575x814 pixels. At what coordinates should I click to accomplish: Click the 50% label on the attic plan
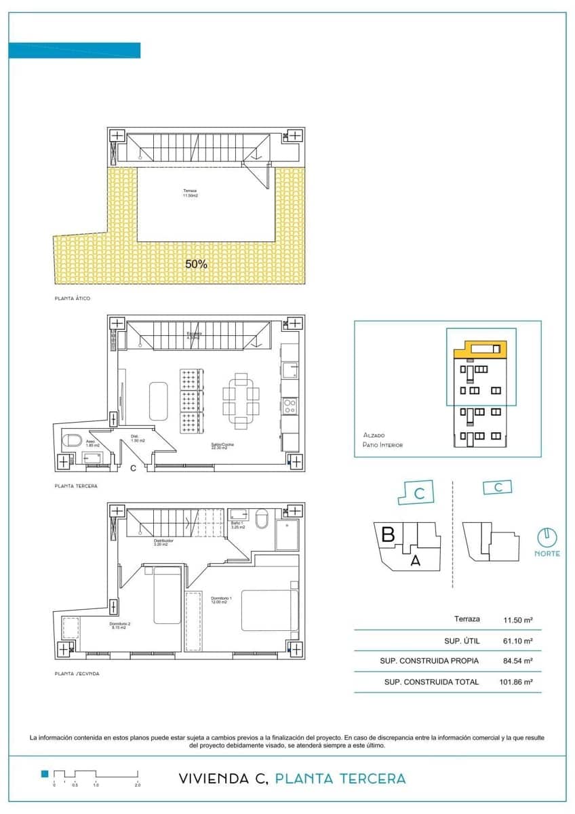point(196,264)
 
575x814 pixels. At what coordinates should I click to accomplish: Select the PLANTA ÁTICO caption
point(72,298)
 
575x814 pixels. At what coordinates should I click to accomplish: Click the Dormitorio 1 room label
point(221,600)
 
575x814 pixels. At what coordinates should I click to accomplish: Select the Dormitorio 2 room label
point(119,625)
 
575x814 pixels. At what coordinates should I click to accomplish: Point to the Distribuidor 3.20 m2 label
point(163,543)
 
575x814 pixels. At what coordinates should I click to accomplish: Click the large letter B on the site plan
point(388,535)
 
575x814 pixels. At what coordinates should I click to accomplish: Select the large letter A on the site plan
point(416,560)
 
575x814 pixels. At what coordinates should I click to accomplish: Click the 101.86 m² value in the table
point(517,682)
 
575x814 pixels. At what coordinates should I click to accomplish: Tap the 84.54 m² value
point(517,661)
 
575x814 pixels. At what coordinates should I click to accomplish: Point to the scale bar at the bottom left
point(95,775)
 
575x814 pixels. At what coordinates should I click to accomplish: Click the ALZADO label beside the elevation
point(374,435)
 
